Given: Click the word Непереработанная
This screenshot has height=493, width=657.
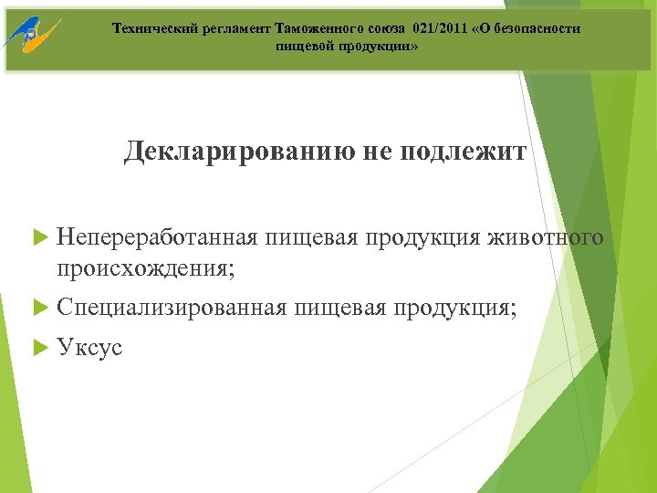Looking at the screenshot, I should click(158, 239).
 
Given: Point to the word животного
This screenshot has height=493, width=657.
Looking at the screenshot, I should click(547, 239).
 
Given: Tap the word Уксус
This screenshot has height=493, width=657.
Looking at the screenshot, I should click(89, 348).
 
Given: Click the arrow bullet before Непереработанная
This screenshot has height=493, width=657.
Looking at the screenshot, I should click(39, 239).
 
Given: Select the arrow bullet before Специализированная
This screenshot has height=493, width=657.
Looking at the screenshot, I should click(39, 309).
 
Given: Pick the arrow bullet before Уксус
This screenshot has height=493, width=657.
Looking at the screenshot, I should click(39, 348).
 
